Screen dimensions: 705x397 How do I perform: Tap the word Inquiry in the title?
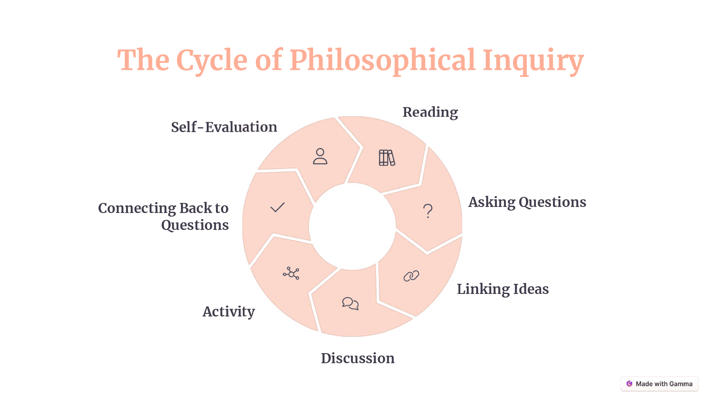[x=533, y=61]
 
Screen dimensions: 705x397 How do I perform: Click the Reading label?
[x=430, y=112]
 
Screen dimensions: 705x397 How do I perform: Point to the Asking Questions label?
[x=527, y=202]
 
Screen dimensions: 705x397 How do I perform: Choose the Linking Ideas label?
[x=503, y=289]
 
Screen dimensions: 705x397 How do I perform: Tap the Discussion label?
[x=358, y=358]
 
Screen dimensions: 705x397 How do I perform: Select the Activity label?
[x=228, y=312]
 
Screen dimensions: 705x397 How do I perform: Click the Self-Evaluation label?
[x=224, y=127]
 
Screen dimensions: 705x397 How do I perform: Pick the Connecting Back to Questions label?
[x=163, y=217]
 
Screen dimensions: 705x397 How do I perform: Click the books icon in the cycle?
[x=387, y=158]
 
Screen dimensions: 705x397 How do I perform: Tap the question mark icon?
[x=428, y=211]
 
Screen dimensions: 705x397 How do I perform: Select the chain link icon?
[x=411, y=276]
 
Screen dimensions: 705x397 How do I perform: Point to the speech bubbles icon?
[x=350, y=304]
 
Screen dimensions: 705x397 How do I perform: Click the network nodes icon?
[x=291, y=273]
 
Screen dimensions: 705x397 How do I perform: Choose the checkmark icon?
[x=277, y=207]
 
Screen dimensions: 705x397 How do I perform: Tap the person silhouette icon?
[x=320, y=156]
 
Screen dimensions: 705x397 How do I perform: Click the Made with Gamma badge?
[x=660, y=384]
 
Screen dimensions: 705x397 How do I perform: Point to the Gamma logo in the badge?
[x=629, y=384]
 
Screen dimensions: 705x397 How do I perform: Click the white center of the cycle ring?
[x=352, y=226]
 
